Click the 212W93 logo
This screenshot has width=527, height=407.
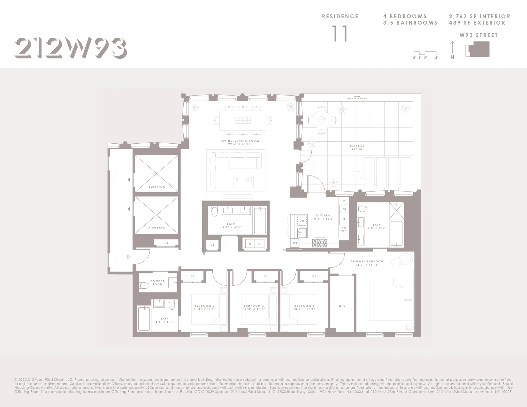pos(71,48)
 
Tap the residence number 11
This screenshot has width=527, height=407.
pos(340,34)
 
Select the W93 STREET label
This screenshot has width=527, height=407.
pos(478,35)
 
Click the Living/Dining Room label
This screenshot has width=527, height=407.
pos(240,142)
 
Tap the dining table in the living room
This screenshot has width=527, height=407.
pos(243,120)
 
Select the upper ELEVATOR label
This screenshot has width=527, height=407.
pos(157,187)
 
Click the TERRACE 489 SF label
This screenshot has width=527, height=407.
pos(357,147)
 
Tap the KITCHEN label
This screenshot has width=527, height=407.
pos(323,217)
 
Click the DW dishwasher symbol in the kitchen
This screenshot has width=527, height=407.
pos(302,221)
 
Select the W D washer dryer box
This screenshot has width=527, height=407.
pos(255,244)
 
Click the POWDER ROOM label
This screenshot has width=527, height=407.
pos(158,283)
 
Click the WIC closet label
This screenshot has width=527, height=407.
pos(342,306)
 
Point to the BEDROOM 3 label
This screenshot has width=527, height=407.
pos(254,307)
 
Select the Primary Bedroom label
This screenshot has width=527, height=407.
pos(367,263)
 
